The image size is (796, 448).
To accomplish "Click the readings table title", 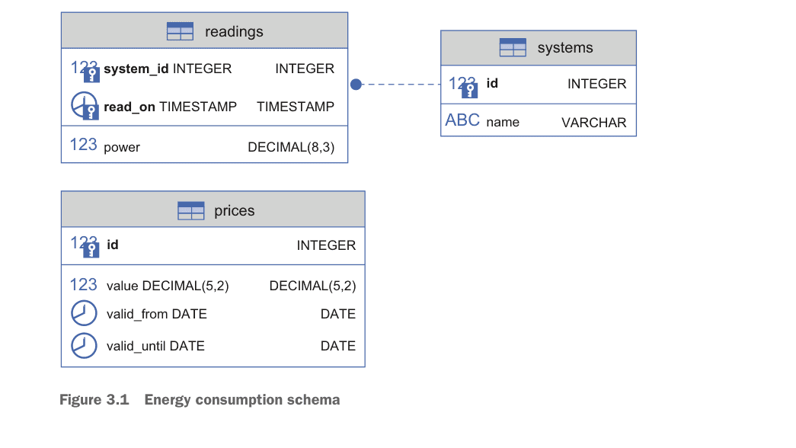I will click(x=234, y=31).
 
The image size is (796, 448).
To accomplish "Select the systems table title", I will click(x=564, y=48).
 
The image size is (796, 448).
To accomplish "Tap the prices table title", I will click(x=234, y=210).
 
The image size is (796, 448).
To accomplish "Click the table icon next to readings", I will click(x=180, y=31).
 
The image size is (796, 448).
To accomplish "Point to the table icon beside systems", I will click(x=513, y=48).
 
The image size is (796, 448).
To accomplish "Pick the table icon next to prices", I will click(x=190, y=210).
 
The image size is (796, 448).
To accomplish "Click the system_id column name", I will click(x=136, y=69).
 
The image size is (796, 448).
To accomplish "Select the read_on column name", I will click(x=129, y=107).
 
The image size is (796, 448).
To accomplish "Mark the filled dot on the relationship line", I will click(x=356, y=84).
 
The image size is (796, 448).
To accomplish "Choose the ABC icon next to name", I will click(x=462, y=120).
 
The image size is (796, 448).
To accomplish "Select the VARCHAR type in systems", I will click(x=593, y=123).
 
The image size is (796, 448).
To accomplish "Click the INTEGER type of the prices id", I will click(x=326, y=245).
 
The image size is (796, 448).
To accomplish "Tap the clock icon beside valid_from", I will click(x=84, y=313).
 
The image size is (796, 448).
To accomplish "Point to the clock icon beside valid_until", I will click(x=84, y=345).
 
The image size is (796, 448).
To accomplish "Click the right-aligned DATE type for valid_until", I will click(x=337, y=346).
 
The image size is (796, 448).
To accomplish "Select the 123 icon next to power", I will click(x=83, y=145).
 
